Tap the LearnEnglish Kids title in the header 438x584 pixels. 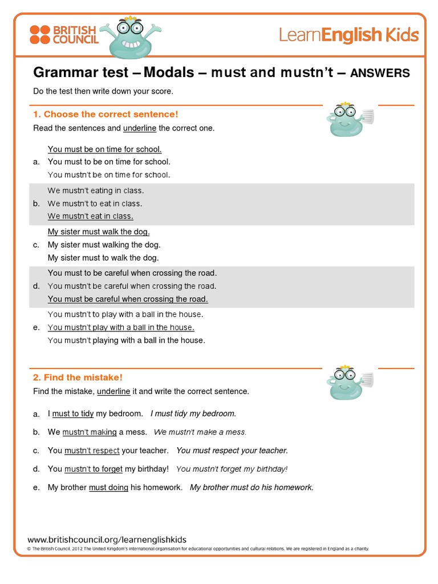point(348,35)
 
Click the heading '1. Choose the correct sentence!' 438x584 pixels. point(106,114)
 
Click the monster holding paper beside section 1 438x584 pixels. point(348,120)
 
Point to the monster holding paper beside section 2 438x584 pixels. point(348,383)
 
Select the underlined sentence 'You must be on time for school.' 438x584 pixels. point(105,149)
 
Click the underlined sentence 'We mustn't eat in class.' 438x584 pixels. point(91,216)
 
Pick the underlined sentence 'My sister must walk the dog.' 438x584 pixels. point(99,232)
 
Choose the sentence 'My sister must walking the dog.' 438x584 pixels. point(104,245)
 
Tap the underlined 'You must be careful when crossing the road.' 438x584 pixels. point(128,299)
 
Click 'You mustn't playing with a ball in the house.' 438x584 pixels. point(126,340)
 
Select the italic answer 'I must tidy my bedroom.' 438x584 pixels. point(193,413)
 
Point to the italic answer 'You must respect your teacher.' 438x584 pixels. point(232,451)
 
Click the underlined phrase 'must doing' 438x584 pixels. point(108,488)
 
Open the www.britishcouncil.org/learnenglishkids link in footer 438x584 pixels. point(107,540)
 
